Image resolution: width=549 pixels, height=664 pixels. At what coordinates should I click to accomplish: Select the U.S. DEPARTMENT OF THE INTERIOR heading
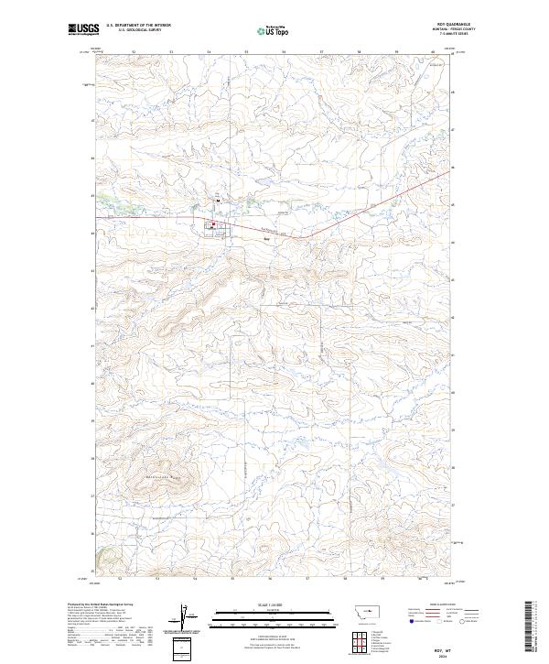point(138,27)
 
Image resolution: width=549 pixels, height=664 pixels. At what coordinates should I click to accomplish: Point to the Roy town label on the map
point(267,240)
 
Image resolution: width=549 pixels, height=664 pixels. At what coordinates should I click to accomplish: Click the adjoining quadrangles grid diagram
point(354,639)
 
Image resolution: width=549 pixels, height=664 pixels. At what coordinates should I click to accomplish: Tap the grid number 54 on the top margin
point(209,53)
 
